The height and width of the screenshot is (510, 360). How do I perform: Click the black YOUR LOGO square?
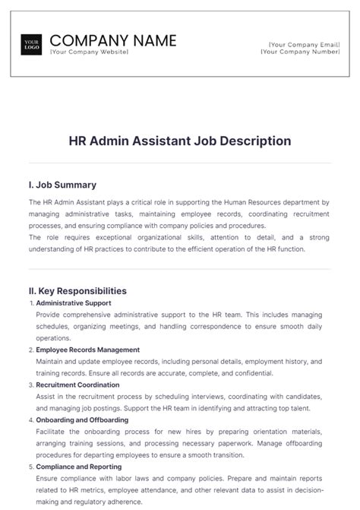(x=32, y=45)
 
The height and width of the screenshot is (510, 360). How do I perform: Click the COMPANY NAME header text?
(x=112, y=40)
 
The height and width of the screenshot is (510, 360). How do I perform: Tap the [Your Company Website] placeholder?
(x=89, y=52)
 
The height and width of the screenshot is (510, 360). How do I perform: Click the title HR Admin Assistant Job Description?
(x=180, y=141)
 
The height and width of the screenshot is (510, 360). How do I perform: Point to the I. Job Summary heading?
(x=62, y=185)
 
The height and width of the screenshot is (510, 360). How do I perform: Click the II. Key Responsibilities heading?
(x=77, y=291)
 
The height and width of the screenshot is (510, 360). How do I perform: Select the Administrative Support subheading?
(x=74, y=303)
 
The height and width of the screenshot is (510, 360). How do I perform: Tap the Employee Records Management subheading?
(x=88, y=350)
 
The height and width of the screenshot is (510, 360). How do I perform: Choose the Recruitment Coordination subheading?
(x=79, y=385)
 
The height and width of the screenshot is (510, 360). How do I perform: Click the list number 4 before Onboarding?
(x=30, y=420)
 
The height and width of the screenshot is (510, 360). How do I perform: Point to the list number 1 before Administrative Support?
(x=30, y=303)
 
